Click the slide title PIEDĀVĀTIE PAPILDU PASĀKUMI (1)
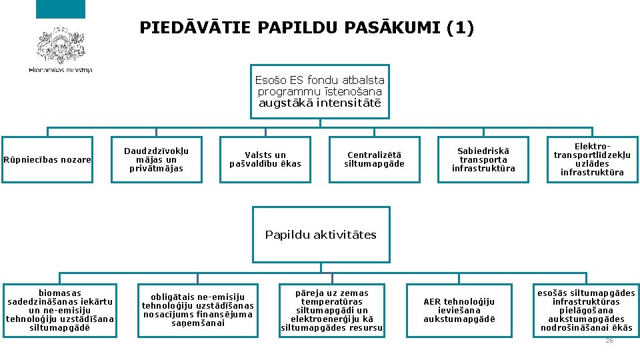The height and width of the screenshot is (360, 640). click(x=307, y=27)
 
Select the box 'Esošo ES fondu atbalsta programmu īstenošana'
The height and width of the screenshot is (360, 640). click(x=319, y=91)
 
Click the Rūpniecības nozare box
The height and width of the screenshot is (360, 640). click(x=47, y=159)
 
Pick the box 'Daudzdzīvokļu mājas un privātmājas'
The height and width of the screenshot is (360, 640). click(x=156, y=159)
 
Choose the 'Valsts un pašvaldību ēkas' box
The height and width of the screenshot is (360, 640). click(x=265, y=159)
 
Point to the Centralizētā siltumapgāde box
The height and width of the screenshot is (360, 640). click(x=374, y=159)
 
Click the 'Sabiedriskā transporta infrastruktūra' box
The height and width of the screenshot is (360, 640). click(x=483, y=159)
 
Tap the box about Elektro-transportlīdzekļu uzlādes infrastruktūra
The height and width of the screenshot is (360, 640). click(x=592, y=159)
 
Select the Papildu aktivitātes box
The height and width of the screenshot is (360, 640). click(x=321, y=234)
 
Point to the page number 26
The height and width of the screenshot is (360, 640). click(x=609, y=341)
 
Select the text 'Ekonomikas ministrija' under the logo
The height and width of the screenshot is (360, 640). click(x=61, y=69)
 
